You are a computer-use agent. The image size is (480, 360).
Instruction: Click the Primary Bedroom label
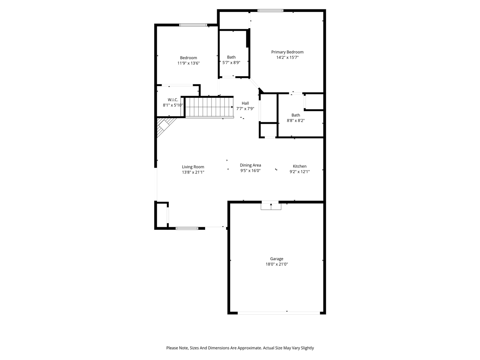click(x=287, y=52)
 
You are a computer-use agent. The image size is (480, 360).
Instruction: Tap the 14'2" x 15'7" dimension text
click(x=287, y=58)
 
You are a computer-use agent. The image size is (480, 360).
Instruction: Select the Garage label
click(x=277, y=259)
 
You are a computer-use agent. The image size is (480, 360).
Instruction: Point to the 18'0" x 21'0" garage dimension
click(x=277, y=264)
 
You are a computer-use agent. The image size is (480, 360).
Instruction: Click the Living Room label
click(x=193, y=167)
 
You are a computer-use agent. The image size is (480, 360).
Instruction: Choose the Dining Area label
click(x=250, y=165)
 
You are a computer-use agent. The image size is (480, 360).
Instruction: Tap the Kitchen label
click(x=300, y=166)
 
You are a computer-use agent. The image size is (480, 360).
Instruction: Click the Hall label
click(x=245, y=103)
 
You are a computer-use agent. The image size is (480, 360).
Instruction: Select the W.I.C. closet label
click(x=173, y=100)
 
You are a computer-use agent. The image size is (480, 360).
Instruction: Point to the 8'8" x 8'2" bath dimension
click(x=296, y=121)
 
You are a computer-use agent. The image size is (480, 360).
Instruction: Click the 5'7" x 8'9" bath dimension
click(x=231, y=63)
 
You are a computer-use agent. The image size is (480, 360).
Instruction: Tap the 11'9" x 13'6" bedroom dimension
click(x=188, y=63)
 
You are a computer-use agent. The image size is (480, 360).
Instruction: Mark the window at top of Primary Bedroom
click(x=270, y=10)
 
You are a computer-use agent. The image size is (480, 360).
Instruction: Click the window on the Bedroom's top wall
click(x=193, y=25)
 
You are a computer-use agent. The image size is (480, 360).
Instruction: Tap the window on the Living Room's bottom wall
click(x=187, y=228)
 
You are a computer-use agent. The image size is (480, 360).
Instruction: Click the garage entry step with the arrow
click(x=271, y=205)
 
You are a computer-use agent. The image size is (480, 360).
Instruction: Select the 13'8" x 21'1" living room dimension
click(x=193, y=172)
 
